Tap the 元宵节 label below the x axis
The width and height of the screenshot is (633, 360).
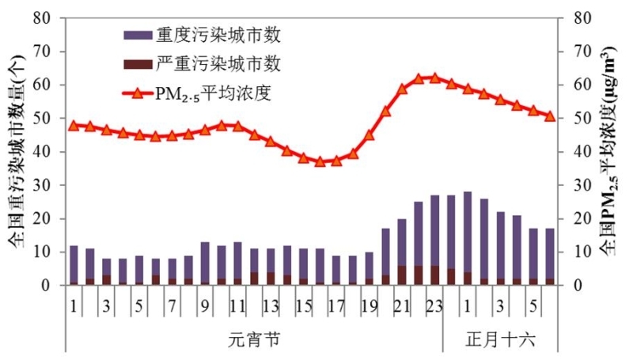[x=253, y=340]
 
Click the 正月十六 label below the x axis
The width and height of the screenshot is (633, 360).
[x=500, y=340]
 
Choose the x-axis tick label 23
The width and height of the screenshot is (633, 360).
[x=434, y=306]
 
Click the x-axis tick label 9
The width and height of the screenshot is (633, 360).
[x=205, y=306]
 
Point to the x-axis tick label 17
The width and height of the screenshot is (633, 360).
[x=336, y=306]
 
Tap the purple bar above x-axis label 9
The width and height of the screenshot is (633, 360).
[x=205, y=261]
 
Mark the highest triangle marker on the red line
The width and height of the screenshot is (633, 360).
[x=434, y=78]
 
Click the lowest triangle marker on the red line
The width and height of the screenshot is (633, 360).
[x=320, y=161]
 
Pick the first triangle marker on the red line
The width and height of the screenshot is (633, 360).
[x=74, y=125]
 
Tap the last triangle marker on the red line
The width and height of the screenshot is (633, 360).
[x=550, y=116]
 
